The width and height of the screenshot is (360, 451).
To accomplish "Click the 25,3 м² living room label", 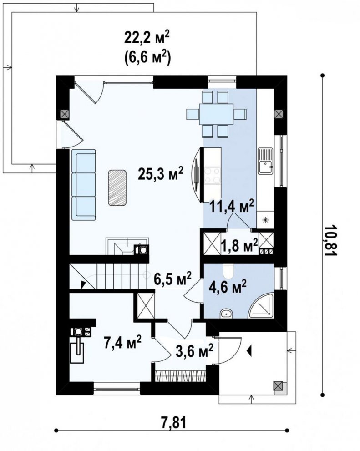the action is pyautogui.click(x=160, y=174).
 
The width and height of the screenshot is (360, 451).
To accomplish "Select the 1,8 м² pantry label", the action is pyautogui.click(x=239, y=246).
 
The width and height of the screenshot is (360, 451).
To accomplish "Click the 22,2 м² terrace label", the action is pyautogui.click(x=147, y=38).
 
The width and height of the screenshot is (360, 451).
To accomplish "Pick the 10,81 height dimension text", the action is pyautogui.click(x=330, y=240).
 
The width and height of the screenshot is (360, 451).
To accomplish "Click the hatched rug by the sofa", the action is pyautogui.click(x=117, y=187).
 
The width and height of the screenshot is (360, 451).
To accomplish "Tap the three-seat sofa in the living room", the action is pyautogui.click(x=83, y=185).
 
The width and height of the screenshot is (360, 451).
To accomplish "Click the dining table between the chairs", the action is pyautogui.click(x=216, y=114).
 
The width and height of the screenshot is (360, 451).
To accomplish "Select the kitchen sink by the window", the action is pyautogui.click(x=265, y=161).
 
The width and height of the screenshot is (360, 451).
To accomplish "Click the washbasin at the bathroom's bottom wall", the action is pyautogui.click(x=226, y=314).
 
